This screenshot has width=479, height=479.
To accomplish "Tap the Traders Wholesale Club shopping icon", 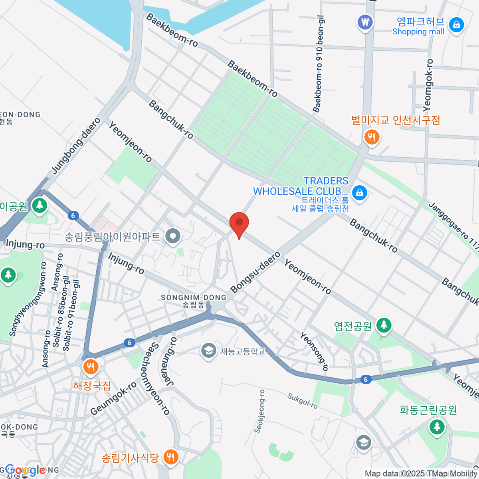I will tap(360, 193).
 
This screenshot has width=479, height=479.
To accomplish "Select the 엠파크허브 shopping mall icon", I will tap(456, 25).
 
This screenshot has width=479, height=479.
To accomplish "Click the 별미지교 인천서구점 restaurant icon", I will tap(372, 137).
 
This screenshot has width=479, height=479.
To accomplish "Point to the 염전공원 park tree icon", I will tap(384, 325).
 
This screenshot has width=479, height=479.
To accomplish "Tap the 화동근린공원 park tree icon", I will tap(437, 427).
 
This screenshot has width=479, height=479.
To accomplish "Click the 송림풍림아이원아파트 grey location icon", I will tap(173, 236).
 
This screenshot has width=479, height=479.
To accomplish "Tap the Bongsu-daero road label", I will tap(255, 273).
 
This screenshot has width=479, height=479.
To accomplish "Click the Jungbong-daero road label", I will tap(76, 146).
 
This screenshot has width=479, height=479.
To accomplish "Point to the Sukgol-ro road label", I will tap(303, 401).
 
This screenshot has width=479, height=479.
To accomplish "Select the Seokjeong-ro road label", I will tap(259, 411).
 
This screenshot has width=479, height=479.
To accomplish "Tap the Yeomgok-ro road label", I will tap(428, 85).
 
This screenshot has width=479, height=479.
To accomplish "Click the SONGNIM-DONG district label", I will tap(194, 298).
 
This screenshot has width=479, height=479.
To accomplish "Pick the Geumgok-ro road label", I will tap(113, 398).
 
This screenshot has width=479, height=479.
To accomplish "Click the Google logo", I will tap(25, 470).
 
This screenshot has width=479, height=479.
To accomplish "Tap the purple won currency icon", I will tap(365, 22).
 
